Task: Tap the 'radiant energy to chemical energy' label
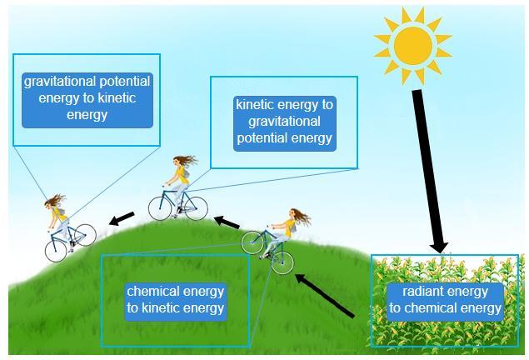pos(446,300)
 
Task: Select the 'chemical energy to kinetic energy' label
pos(175,300)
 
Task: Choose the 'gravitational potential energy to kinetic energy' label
pos(87,98)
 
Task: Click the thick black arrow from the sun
pos(427,167)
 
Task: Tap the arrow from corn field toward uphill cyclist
pos(325,295)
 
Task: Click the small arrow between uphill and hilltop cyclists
pos(228,222)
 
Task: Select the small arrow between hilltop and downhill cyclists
pos(122,218)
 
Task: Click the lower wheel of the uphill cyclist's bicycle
pos(282,263)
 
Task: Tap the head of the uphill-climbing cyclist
pos(294,217)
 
